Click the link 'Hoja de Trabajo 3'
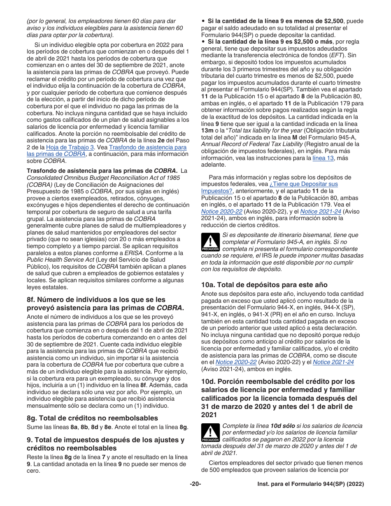70,147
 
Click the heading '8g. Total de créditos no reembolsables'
92,418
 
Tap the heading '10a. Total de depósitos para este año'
264,285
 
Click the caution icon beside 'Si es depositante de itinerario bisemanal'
210,242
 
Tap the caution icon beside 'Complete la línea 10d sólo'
210,433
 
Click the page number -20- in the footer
195,484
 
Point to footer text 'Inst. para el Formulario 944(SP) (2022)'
311,484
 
